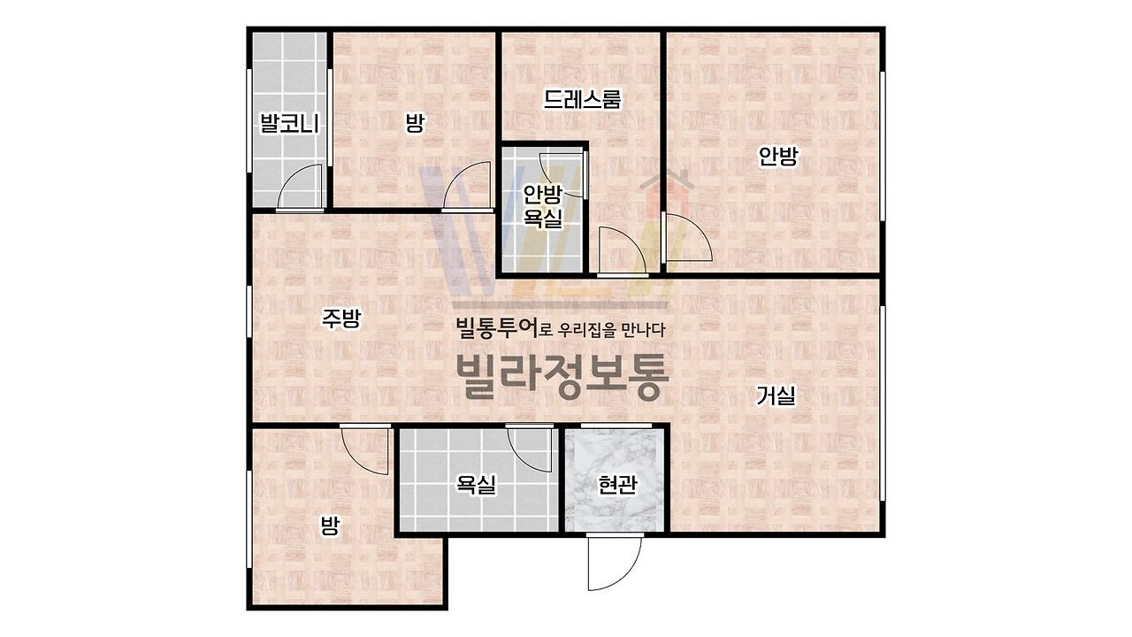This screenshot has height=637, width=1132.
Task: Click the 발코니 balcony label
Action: pyautogui.click(x=289, y=123)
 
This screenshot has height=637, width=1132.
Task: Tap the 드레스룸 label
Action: pyautogui.click(x=582, y=99)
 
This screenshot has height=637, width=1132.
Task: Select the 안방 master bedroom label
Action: pyautogui.click(x=778, y=156)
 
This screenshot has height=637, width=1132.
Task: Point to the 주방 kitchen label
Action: pyautogui.click(x=341, y=318)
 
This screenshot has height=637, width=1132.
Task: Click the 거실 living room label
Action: pyautogui.click(x=776, y=395)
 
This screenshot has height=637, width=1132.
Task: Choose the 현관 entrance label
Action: pyautogui.click(x=617, y=485)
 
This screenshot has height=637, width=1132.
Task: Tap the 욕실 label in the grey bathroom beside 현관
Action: pyautogui.click(x=476, y=484)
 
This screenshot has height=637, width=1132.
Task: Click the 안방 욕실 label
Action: pyautogui.click(x=543, y=206)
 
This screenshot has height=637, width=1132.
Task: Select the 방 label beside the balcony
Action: pyautogui.click(x=415, y=123)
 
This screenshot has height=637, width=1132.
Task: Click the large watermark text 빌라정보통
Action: pyautogui.click(x=562, y=376)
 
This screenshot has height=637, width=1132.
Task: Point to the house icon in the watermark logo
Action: pyautogui.click(x=667, y=191)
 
